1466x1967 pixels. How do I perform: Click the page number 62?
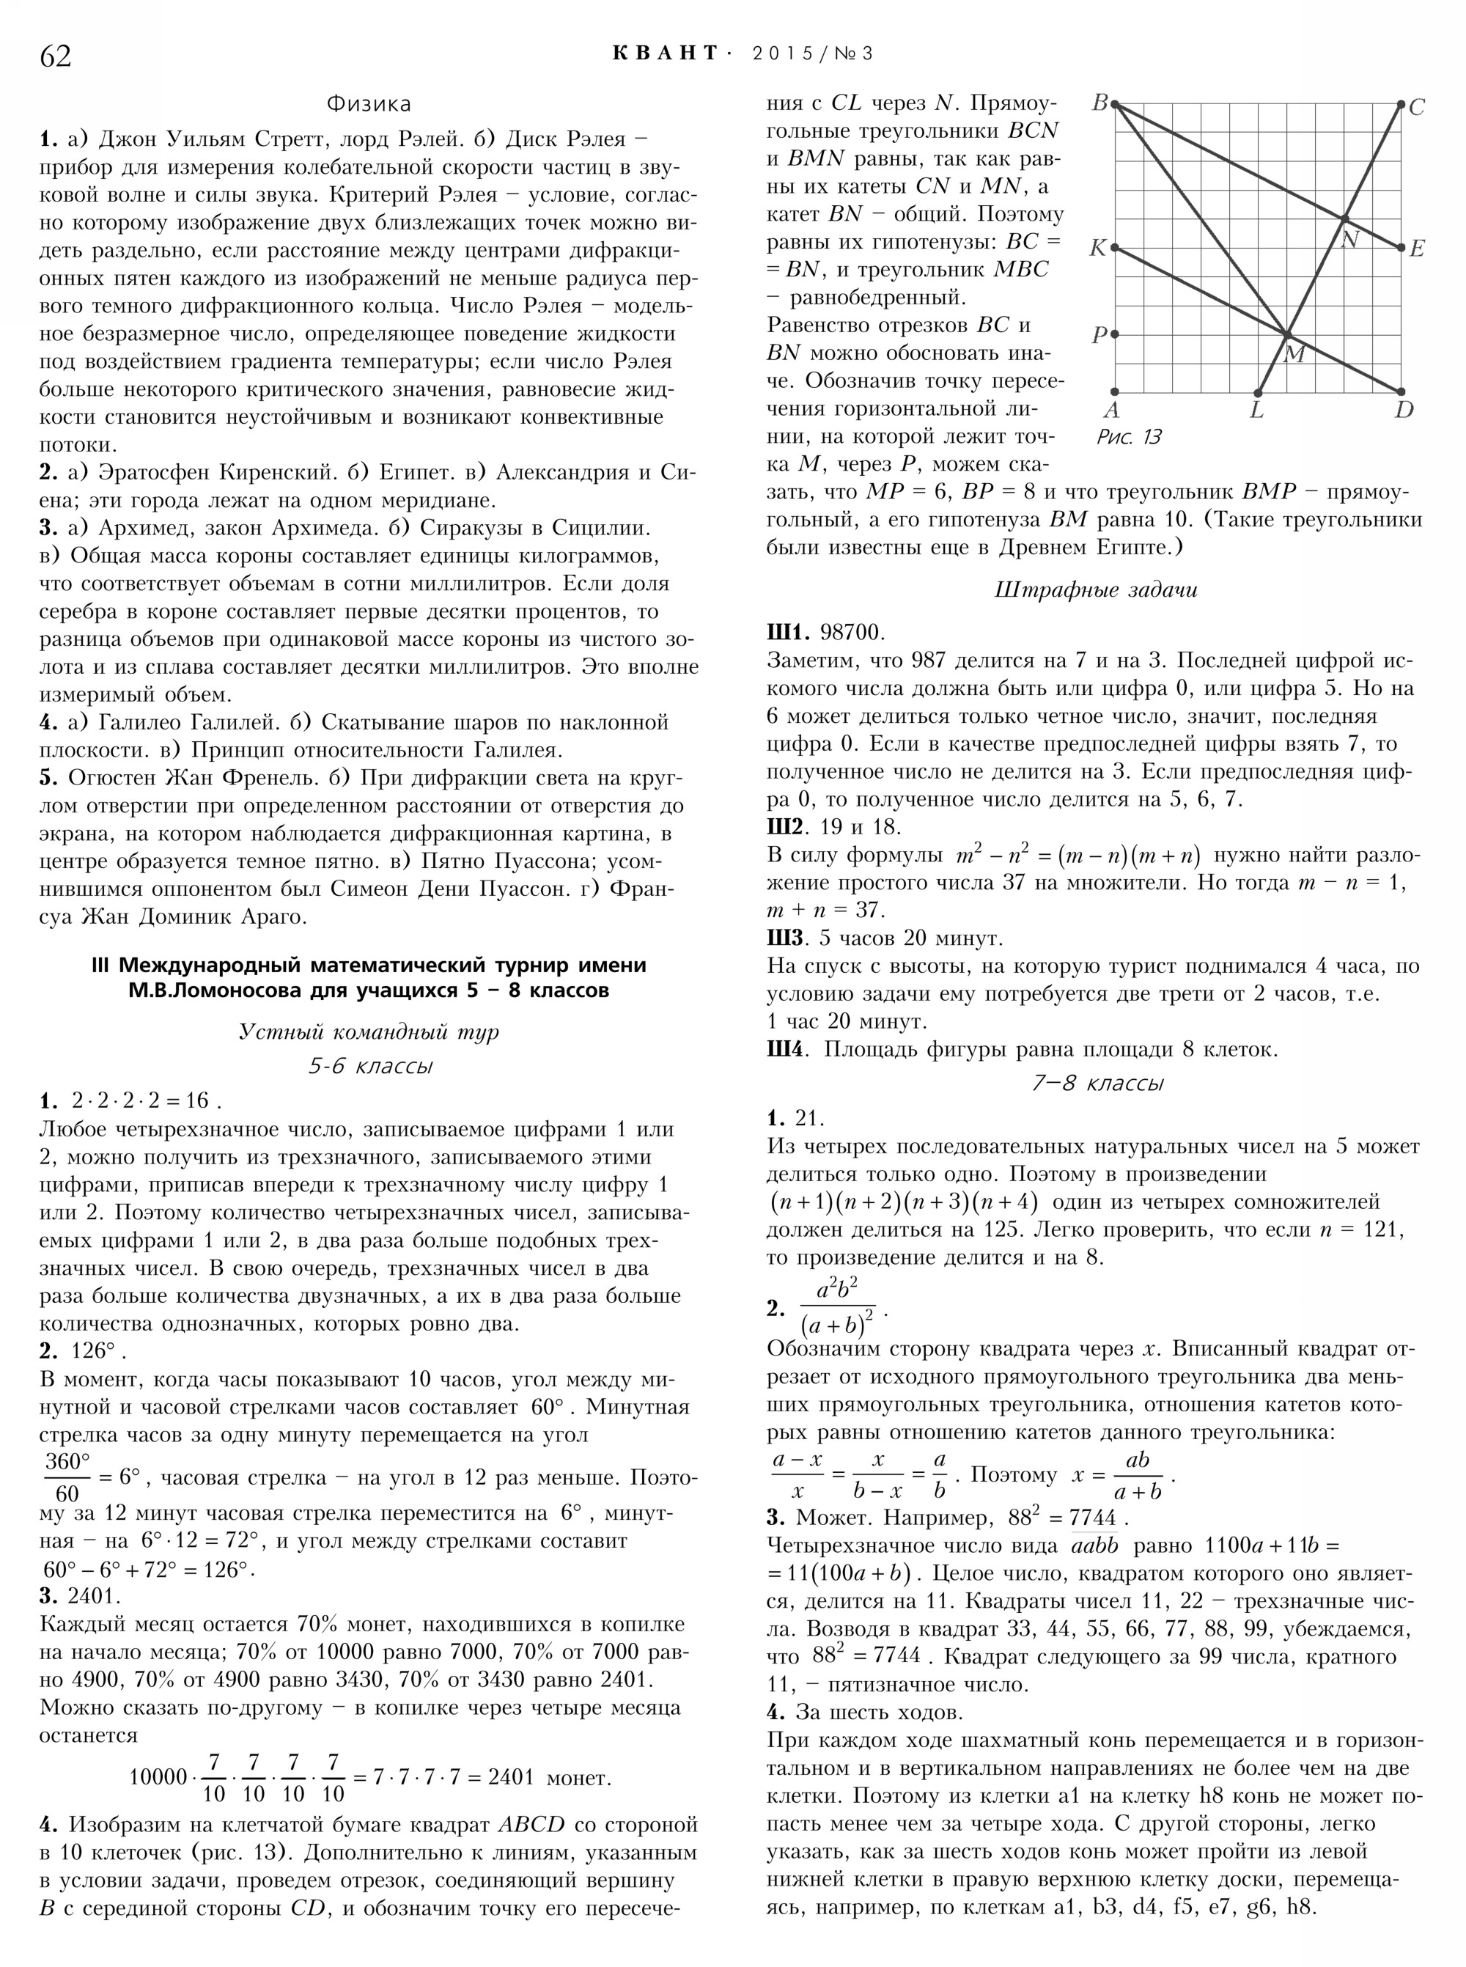click(x=55, y=56)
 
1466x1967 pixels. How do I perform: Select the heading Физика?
click(x=368, y=104)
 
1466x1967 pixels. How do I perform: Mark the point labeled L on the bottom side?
click(x=1257, y=391)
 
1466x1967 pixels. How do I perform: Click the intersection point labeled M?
click(x=1286, y=334)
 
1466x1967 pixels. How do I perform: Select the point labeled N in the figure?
click(x=1344, y=218)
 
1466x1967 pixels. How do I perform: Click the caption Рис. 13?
click(x=1129, y=437)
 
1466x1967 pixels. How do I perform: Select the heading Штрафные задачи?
click(x=1096, y=590)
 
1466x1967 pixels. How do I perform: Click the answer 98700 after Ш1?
click(x=852, y=632)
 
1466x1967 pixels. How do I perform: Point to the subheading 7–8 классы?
click(x=1098, y=1083)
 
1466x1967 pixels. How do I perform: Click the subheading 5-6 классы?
click(x=370, y=1066)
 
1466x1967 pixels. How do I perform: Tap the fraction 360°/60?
click(x=67, y=1474)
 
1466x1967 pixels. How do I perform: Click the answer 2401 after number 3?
click(x=92, y=1596)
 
